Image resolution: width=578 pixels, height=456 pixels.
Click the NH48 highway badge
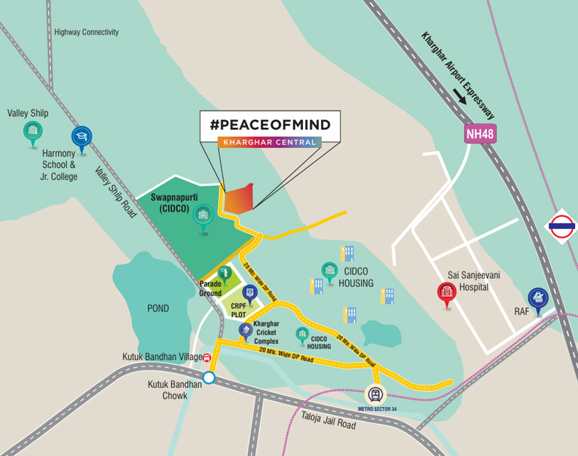[480, 134]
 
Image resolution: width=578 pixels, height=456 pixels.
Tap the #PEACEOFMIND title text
[270, 124]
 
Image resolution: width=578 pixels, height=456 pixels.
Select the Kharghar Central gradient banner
[270, 142]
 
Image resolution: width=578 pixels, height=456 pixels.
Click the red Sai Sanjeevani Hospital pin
[446, 291]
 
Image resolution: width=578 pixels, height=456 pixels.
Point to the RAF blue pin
[538, 298]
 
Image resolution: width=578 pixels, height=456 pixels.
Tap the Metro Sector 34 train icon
[376, 395]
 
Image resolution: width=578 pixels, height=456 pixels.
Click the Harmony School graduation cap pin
[82, 136]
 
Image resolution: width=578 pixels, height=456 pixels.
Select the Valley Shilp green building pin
[33, 131]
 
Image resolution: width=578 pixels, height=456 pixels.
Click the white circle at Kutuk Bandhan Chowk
[209, 378]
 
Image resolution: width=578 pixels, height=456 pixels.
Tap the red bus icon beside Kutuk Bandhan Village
[206, 357]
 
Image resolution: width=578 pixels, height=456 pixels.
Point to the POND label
[158, 309]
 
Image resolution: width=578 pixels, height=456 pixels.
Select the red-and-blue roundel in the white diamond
[561, 226]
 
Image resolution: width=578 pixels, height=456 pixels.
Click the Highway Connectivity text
[86, 32]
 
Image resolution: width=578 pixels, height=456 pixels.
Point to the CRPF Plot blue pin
[250, 292]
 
